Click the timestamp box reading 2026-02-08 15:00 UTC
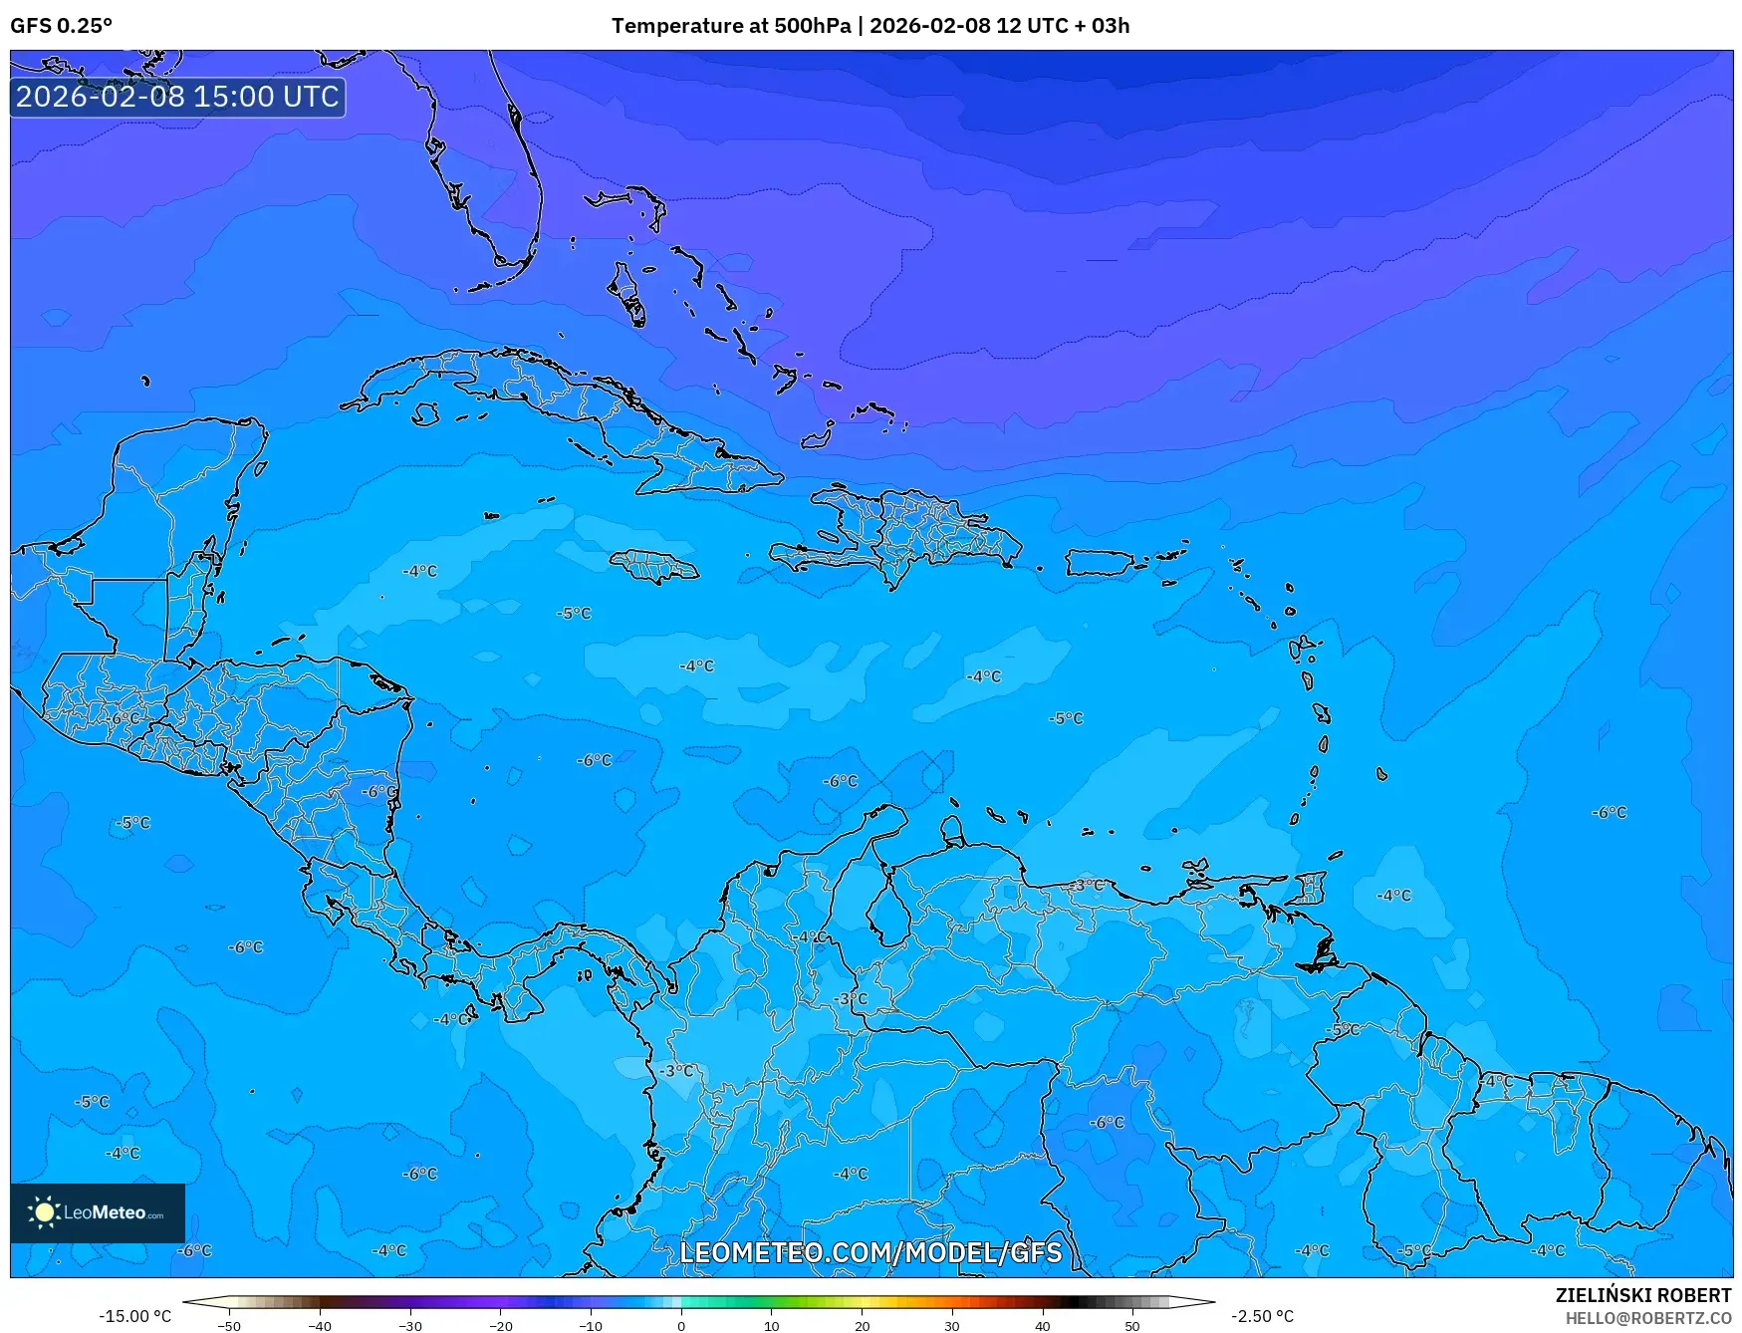pos(177,97)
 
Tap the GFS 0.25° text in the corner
pos(61,26)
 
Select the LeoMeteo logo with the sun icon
pos(97,1212)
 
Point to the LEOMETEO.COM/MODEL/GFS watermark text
pos(871,1252)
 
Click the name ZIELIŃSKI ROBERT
pos(1642,1295)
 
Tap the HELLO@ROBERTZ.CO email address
pos(1647,1318)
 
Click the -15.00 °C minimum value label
pos(134,1316)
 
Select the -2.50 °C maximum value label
pos(1262,1316)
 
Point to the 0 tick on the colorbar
pos(681,1326)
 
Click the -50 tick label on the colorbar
pos(229,1326)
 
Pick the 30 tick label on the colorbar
pos(952,1326)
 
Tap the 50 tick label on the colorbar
pos(1132,1326)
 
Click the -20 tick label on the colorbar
pos(500,1326)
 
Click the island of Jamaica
pos(653,567)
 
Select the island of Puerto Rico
pos(1100,563)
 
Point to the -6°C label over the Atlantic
pos(1609,813)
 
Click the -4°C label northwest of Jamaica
pos(419,571)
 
